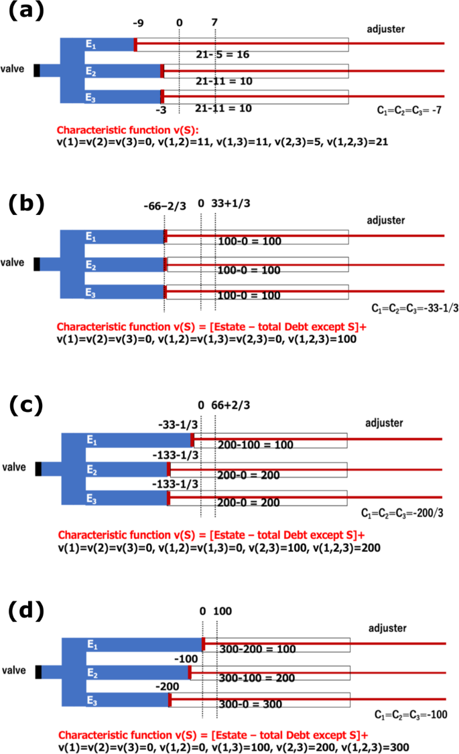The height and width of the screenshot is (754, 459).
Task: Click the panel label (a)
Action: click(x=25, y=12)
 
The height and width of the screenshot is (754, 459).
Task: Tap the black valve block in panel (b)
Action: click(x=37, y=264)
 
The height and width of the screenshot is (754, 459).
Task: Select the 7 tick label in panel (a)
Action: click(x=214, y=23)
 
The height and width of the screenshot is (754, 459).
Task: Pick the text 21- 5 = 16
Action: click(x=222, y=54)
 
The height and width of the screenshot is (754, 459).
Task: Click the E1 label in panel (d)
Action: click(x=92, y=644)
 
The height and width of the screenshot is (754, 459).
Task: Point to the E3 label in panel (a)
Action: click(x=90, y=98)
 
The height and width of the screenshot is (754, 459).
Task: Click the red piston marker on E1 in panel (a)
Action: click(x=136, y=44)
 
